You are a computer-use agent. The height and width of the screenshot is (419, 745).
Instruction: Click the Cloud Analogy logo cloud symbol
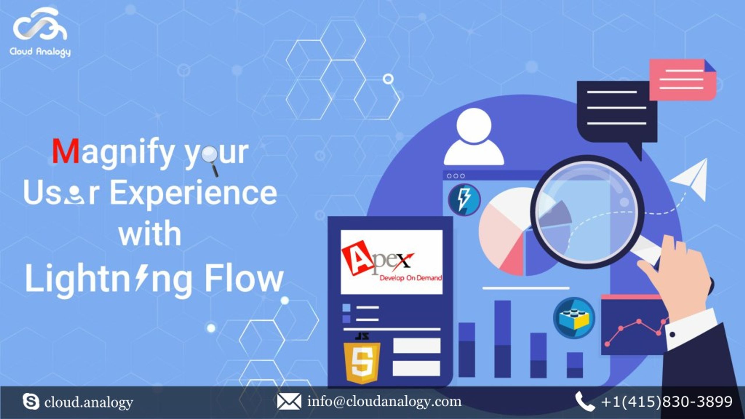[40, 24]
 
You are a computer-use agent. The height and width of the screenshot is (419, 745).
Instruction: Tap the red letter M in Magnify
[66, 151]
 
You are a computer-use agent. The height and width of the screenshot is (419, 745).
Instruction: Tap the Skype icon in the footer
[31, 402]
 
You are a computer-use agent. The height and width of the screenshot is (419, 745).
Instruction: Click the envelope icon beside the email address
[289, 402]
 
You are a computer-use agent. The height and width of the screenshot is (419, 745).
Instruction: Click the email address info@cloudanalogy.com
[384, 402]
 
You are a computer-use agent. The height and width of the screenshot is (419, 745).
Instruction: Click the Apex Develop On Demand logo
[392, 262]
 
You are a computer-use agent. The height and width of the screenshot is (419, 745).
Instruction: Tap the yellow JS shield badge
[362, 359]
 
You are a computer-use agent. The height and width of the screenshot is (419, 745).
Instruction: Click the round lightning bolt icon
[464, 200]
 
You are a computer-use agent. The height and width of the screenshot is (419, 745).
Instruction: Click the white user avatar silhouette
[474, 137]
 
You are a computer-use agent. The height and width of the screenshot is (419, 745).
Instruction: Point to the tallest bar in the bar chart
[503, 339]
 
